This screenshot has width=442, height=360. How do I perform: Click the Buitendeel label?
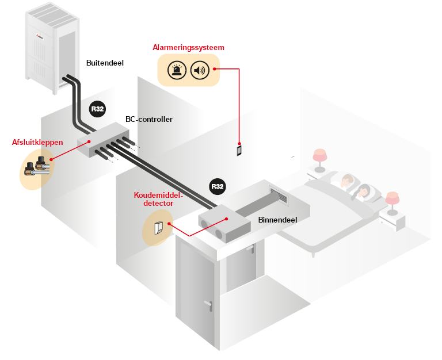(x=105, y=63)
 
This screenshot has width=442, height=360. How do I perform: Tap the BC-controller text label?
(x=149, y=119)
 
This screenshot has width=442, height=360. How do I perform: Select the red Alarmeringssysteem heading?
(x=188, y=47)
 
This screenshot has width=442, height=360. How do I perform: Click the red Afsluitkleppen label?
(x=37, y=142)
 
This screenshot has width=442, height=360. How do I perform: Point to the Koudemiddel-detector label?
(x=158, y=199)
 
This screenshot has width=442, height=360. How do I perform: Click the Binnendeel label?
(x=277, y=220)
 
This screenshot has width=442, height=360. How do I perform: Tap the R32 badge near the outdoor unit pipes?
(x=97, y=109)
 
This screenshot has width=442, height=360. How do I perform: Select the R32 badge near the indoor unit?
(x=218, y=186)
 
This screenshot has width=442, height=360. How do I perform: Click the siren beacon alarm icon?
(x=177, y=70)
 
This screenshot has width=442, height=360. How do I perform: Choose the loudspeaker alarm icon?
(x=200, y=70)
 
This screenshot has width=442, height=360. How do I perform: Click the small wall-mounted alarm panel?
(x=239, y=151)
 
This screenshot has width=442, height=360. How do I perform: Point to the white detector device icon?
(x=159, y=228)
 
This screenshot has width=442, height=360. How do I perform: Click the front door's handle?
(x=208, y=305)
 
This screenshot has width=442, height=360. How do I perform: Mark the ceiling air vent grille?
(x=279, y=194)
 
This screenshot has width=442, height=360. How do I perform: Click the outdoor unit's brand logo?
(x=40, y=36)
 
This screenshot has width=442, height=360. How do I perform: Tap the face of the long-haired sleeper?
(x=364, y=192)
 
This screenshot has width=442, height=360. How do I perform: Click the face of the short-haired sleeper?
(x=346, y=180)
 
